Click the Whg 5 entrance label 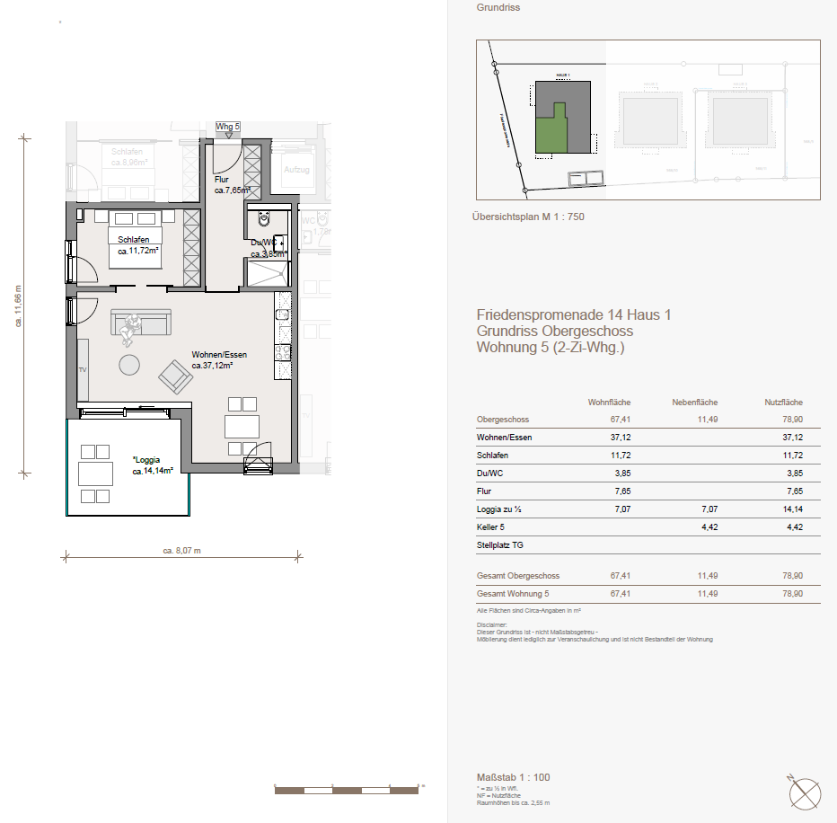pos(228,127)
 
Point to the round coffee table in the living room pos(130,365)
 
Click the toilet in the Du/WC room pos(264,219)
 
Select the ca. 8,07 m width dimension pos(181,551)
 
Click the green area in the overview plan pos(551,131)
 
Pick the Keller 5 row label pos(492,527)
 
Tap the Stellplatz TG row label pos(500,544)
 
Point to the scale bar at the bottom pos(347,789)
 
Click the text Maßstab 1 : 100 pos(513,776)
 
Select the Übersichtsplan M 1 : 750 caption pos(527,217)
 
